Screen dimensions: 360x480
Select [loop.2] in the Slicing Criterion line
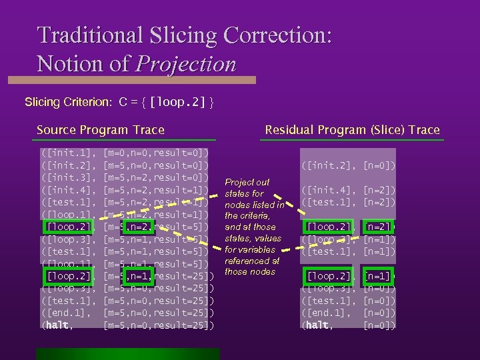[x=178, y=103]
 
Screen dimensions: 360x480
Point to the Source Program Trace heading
[x=100, y=130]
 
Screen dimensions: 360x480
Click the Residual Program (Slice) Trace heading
[x=352, y=130]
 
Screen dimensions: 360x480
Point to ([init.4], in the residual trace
[x=330, y=191]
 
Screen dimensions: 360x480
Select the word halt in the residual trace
[x=317, y=326]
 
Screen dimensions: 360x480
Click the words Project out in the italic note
[x=247, y=183]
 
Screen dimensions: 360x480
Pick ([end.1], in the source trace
[x=67, y=313]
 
